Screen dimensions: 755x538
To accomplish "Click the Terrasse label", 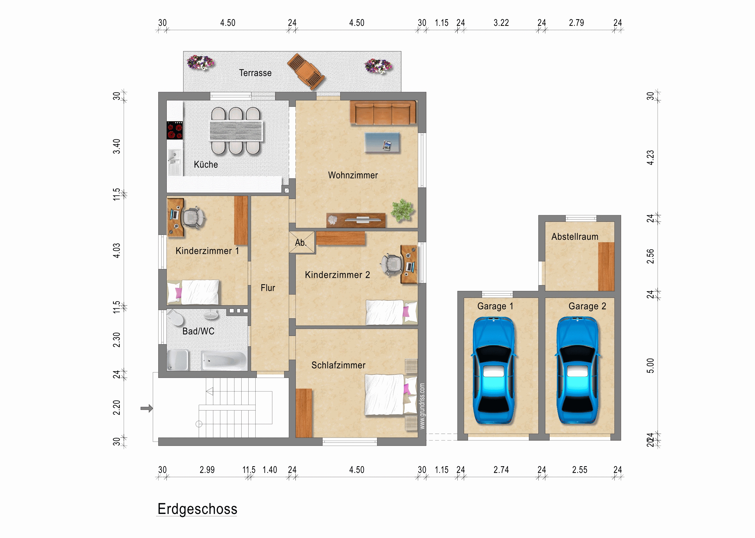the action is click(x=255, y=73).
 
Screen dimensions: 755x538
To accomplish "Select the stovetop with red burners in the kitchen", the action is click(x=175, y=130).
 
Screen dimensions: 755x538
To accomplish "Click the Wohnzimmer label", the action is click(x=353, y=175).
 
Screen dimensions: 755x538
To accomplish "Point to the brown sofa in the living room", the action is click(x=383, y=113).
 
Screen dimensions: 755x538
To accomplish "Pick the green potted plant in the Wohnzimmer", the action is click(x=402, y=210).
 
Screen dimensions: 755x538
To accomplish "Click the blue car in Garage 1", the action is click(x=493, y=370).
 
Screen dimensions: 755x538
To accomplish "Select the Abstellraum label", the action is click(x=575, y=236).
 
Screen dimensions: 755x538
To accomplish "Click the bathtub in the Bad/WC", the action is click(x=224, y=360).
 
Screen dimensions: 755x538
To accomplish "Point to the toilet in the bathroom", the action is click(x=176, y=317).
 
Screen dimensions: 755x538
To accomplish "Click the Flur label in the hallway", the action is click(x=268, y=288).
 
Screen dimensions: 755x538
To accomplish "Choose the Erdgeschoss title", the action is click(x=197, y=509).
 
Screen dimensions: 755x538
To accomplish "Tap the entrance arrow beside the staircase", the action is click(x=147, y=408).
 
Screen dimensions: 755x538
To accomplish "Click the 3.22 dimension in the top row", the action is click(x=501, y=23).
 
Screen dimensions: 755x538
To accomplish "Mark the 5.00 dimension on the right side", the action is click(x=650, y=366).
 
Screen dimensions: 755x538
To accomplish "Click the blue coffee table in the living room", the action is click(x=382, y=142).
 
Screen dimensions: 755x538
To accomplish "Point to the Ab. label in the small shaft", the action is click(x=301, y=243).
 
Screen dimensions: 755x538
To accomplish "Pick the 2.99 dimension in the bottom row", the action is click(x=207, y=470).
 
